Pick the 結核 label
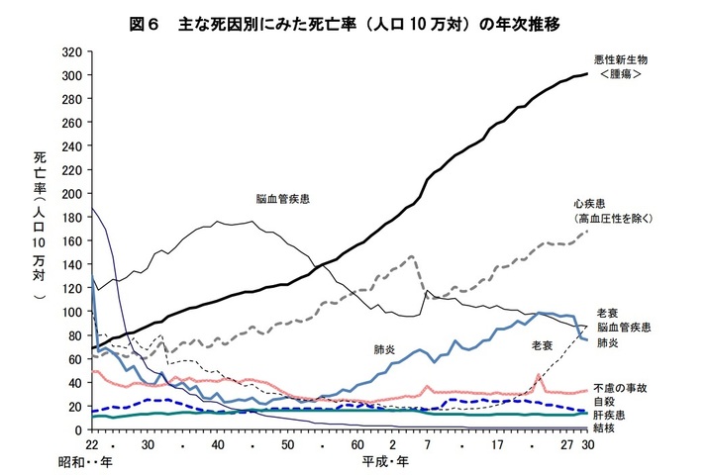pyautogui.click(x=606, y=428)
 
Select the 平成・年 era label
pyautogui.click(x=383, y=462)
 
